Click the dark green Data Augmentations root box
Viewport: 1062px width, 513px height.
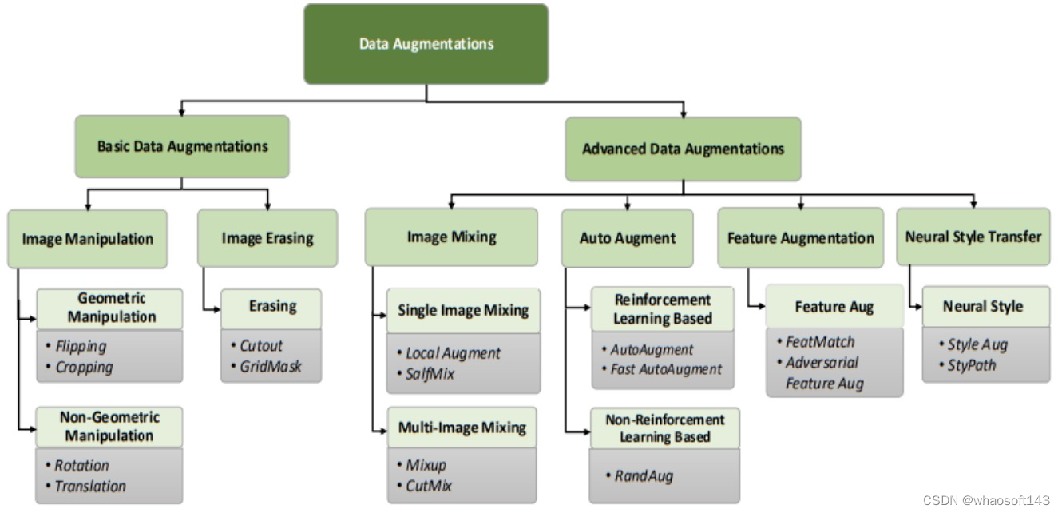point(426,44)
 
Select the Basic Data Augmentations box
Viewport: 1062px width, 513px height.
point(182,146)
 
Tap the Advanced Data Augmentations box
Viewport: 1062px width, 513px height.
point(683,149)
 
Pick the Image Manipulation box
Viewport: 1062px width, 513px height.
point(88,238)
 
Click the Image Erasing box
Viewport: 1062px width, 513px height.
point(267,238)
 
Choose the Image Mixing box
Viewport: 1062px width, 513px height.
point(451,237)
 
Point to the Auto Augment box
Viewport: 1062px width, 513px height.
point(627,238)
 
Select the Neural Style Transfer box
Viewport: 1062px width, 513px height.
point(973,237)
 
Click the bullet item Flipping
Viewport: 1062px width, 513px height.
point(81,347)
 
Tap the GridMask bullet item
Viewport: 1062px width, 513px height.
point(271,367)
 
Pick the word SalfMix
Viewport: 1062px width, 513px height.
point(430,373)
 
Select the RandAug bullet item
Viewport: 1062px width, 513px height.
point(644,476)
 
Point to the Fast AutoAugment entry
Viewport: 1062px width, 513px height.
point(666,369)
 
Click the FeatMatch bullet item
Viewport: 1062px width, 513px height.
point(820,341)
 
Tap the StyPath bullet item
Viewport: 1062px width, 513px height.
point(972,365)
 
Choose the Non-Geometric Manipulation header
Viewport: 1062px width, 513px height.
point(109,427)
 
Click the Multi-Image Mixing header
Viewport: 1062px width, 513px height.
point(462,428)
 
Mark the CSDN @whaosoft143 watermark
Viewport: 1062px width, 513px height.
point(986,500)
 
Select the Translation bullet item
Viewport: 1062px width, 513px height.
point(90,486)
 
